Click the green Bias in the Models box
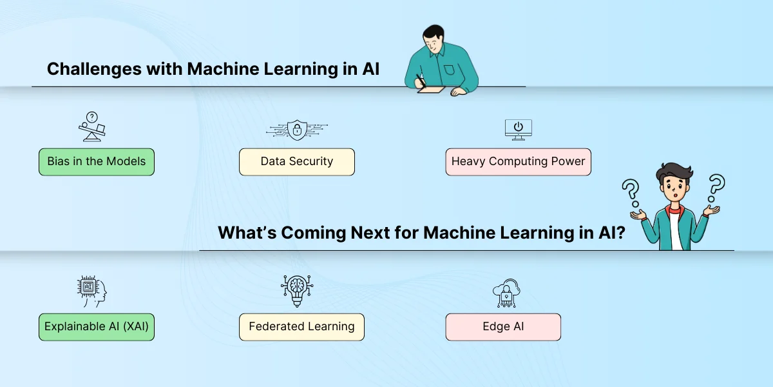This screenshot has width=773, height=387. click(x=97, y=162)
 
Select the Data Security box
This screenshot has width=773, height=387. click(x=297, y=162)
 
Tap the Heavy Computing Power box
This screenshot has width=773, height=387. click(x=518, y=162)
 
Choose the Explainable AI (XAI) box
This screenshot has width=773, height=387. click(x=97, y=327)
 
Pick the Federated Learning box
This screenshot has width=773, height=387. click(x=301, y=327)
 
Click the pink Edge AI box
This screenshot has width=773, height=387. click(x=503, y=327)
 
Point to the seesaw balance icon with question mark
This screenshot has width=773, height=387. click(x=91, y=126)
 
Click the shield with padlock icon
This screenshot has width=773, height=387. click(x=297, y=130)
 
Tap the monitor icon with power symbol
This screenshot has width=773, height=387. click(x=518, y=130)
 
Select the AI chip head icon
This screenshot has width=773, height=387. click(x=91, y=291)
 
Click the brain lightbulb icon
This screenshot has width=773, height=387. click(x=297, y=291)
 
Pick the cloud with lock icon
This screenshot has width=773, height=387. click(x=506, y=293)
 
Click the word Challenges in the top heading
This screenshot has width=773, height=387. click(x=94, y=69)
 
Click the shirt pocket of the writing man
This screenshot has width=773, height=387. click(x=449, y=70)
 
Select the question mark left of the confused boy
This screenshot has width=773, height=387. click(x=631, y=193)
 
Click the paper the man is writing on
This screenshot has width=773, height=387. click(x=432, y=90)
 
